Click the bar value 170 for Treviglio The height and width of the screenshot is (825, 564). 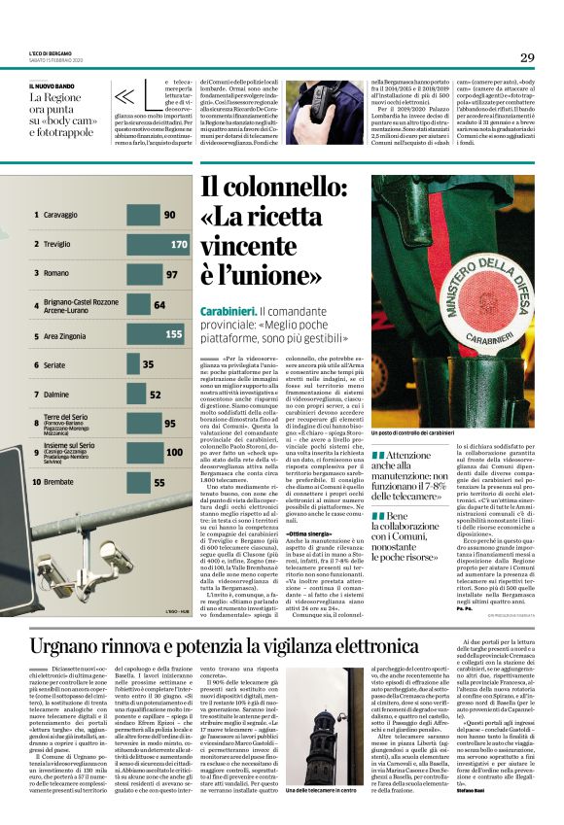point(179,245)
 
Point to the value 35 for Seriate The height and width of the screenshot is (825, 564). point(148,365)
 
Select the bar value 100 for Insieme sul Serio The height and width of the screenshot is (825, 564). point(174,452)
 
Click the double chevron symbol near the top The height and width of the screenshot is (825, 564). point(124,96)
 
